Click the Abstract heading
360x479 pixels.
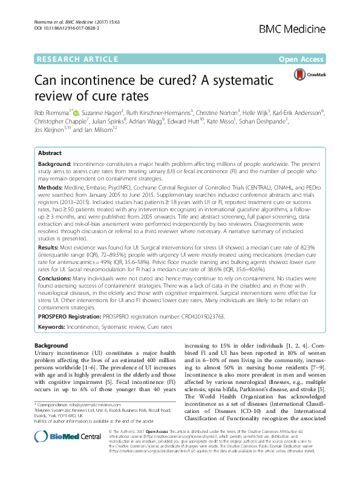coord(50,154)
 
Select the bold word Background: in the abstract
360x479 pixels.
coord(55,165)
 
